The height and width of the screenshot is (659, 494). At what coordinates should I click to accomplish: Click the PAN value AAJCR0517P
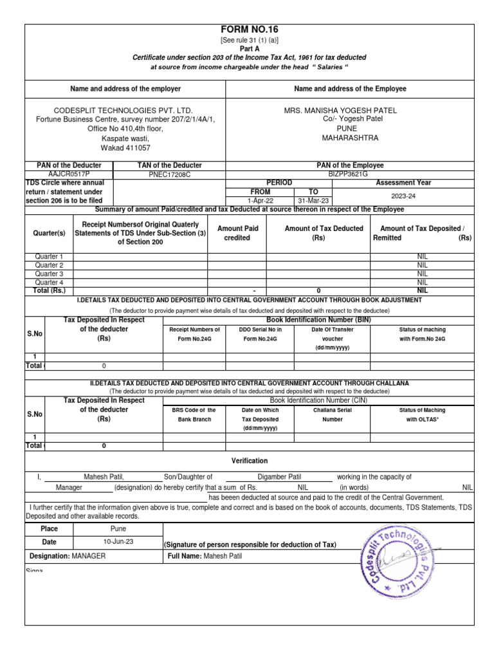(x=69, y=174)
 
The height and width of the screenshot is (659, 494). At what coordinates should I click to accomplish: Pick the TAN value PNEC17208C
(x=170, y=174)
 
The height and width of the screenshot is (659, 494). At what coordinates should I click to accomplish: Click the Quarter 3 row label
(x=50, y=274)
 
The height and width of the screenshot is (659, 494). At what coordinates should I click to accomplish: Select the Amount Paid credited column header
(x=237, y=233)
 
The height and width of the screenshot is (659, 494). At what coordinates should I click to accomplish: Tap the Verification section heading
(x=250, y=461)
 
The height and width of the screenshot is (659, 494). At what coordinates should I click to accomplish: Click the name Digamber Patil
(x=279, y=477)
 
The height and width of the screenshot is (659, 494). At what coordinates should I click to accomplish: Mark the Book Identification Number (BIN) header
(x=319, y=319)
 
